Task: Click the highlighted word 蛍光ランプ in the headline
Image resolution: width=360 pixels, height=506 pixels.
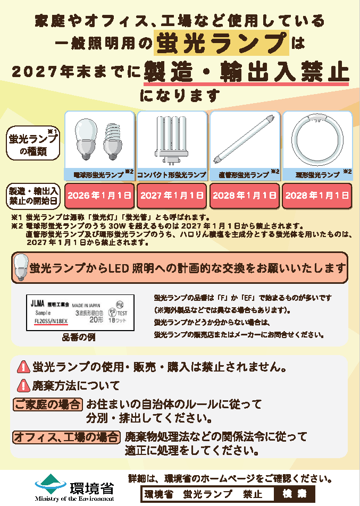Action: click(222, 43)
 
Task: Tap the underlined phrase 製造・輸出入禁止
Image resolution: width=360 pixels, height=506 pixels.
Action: click(246, 72)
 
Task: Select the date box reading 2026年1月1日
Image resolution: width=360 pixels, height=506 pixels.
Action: click(99, 196)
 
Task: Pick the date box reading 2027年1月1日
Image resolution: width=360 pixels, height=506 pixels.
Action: click(172, 196)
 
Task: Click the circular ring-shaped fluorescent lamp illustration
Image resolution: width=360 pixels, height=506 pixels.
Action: click(317, 140)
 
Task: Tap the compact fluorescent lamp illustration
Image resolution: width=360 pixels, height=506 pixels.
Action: click(172, 139)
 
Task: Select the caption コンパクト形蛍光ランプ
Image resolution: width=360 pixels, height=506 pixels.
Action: click(172, 174)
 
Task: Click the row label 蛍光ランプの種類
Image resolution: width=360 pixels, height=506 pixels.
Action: click(34, 144)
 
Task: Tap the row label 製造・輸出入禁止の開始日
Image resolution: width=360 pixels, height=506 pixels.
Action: click(33, 196)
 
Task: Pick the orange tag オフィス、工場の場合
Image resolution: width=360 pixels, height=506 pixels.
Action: click(66, 437)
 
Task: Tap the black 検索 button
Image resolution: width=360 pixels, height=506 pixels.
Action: click(295, 494)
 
